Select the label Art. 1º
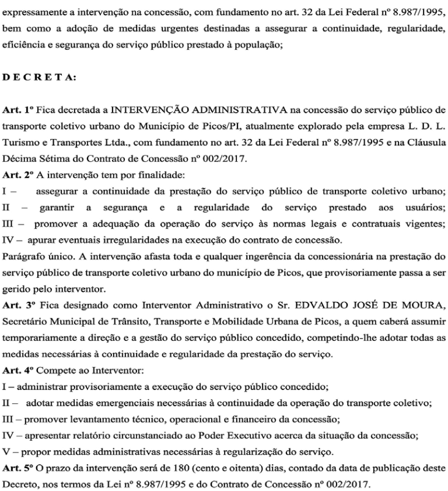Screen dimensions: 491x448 point(16,109)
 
